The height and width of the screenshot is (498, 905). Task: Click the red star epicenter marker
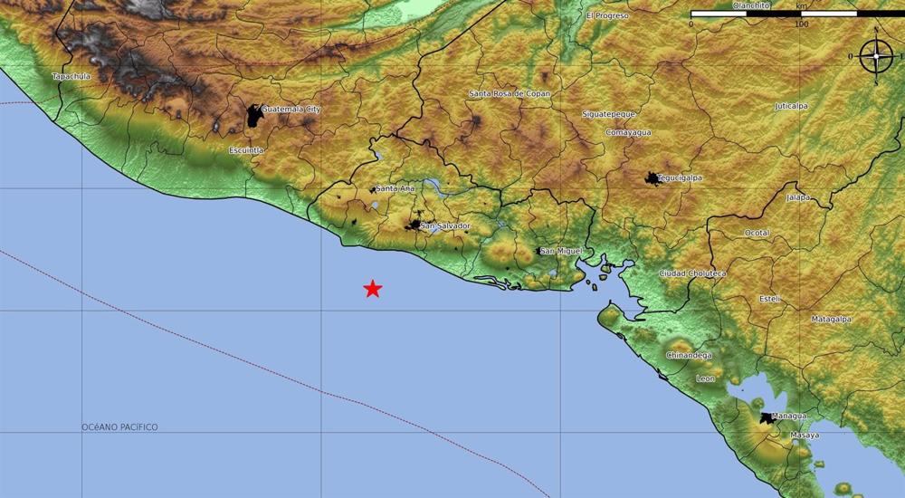pyautogui.click(x=372, y=289)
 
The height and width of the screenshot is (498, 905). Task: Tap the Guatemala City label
pyautogui.click(x=291, y=110)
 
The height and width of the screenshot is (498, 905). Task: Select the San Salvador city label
pyautogui.click(x=446, y=225)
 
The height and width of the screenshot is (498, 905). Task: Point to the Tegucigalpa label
pyautogui.click(x=681, y=178)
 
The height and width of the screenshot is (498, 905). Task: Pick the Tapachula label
pyautogui.click(x=71, y=77)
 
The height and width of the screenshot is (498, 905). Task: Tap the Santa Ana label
pyautogui.click(x=395, y=188)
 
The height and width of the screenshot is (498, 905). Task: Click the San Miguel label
pyautogui.click(x=560, y=251)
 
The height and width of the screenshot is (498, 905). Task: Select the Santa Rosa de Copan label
pyautogui.click(x=510, y=93)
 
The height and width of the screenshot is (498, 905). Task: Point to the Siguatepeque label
pyautogui.click(x=609, y=114)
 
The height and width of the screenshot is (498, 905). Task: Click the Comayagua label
pyautogui.click(x=629, y=132)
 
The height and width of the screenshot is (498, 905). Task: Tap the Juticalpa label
pyautogui.click(x=792, y=106)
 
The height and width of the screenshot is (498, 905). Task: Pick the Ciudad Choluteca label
pyautogui.click(x=692, y=273)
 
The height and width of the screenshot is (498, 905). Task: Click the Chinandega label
pyautogui.click(x=689, y=355)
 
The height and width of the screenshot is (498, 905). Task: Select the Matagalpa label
pyautogui.click(x=831, y=319)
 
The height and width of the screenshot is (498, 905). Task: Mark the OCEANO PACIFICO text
pyautogui.click(x=119, y=426)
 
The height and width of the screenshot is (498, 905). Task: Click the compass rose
pyautogui.click(x=876, y=57)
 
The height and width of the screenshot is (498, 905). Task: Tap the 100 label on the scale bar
pyautogui.click(x=801, y=24)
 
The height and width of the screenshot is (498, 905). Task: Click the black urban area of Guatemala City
pyautogui.click(x=254, y=115)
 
